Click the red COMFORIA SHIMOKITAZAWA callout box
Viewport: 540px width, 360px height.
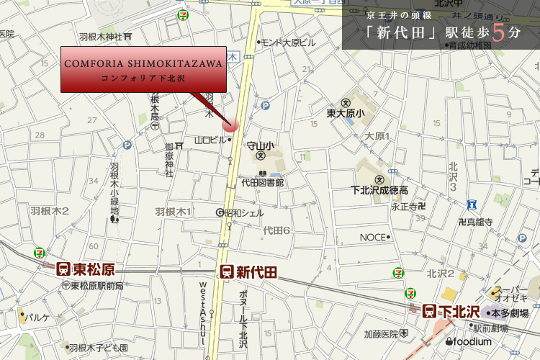143,70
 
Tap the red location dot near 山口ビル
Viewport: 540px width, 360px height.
231,124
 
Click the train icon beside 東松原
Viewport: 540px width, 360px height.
63,269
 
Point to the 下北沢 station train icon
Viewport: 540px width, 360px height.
429,312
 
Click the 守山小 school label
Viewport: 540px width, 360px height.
260,145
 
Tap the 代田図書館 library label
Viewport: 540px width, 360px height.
263,183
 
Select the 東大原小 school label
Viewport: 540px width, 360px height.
346,113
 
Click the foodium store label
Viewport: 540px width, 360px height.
471,341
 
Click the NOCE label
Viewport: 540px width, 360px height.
374,237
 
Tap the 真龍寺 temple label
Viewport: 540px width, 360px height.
479,222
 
